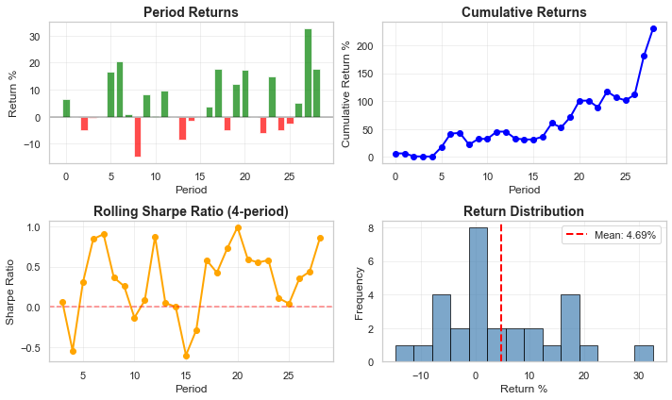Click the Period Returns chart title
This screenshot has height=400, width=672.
[191, 12]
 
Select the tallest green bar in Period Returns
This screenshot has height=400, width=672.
[308, 73]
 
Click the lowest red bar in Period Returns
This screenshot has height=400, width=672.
[137, 137]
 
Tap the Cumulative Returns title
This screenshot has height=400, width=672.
[524, 12]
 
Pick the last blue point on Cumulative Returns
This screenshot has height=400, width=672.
[653, 28]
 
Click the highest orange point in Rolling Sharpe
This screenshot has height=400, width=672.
[238, 227]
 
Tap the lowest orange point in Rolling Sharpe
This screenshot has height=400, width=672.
[186, 356]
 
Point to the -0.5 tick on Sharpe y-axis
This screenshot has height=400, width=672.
[31, 347]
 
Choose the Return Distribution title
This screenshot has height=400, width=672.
[524, 211]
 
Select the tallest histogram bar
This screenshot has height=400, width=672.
[479, 294]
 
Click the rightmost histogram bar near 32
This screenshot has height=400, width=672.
[644, 353]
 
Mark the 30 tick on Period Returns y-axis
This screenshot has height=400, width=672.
[34, 37]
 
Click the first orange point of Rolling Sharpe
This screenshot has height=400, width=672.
[62, 303]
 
